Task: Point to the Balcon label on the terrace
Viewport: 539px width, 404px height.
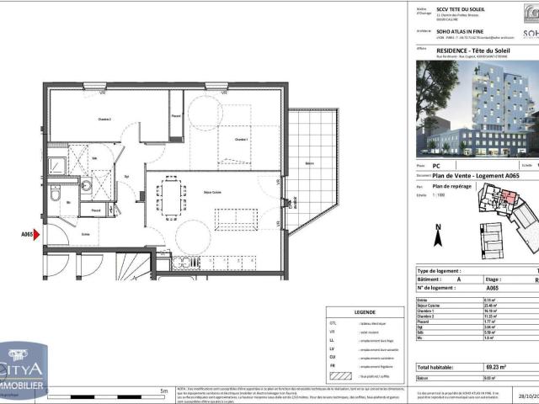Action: (310, 163)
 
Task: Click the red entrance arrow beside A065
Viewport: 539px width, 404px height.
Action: (36, 237)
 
